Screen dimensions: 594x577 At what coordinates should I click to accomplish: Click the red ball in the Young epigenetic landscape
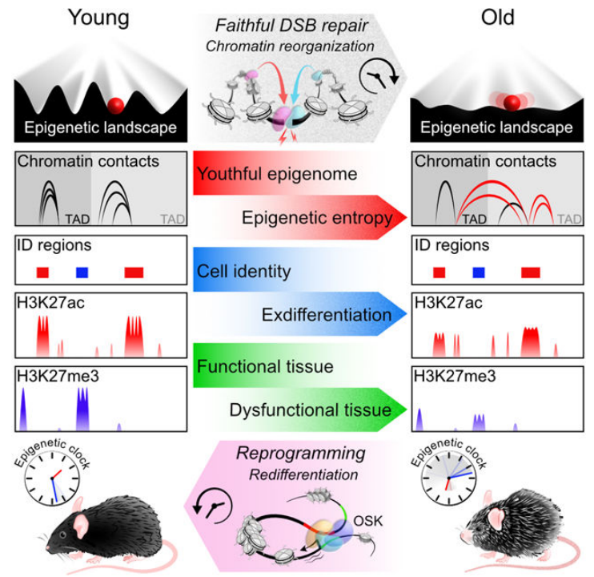point(115,106)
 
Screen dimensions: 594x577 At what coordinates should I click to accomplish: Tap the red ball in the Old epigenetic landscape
point(512,103)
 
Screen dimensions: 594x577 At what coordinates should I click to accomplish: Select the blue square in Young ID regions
point(82,272)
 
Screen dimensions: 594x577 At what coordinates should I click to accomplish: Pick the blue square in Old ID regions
point(479,272)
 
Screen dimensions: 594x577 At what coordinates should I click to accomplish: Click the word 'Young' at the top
point(98,18)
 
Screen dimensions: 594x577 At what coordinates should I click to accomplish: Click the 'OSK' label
point(367,521)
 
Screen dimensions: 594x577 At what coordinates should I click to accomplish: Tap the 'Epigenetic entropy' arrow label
point(317,218)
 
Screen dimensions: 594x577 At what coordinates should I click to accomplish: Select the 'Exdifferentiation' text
point(327,315)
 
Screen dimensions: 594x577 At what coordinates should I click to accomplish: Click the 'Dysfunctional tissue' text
point(311,410)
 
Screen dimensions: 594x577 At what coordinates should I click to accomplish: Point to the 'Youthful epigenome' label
point(277,174)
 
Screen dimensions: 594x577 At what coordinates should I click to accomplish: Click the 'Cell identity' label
point(244,272)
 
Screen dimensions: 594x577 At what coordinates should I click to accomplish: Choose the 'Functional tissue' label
point(265,366)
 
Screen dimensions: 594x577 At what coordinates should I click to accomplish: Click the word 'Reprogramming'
point(301,454)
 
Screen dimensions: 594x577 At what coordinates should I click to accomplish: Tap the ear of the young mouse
point(80,524)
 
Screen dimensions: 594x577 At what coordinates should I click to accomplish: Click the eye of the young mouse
point(62,535)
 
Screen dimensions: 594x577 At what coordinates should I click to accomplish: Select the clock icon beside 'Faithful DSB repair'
point(379,76)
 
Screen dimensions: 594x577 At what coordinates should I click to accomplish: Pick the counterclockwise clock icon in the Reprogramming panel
point(212,506)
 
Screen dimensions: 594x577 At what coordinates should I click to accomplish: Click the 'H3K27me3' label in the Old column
point(455,377)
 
